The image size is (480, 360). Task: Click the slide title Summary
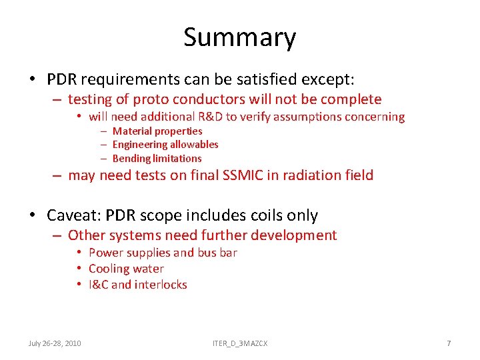click(x=239, y=37)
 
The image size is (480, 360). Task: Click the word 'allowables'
click(x=194, y=145)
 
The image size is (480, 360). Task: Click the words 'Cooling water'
click(x=126, y=269)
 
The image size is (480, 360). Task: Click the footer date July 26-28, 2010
click(x=55, y=343)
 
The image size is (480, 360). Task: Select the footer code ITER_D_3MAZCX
click(x=240, y=343)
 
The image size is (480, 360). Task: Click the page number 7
click(x=449, y=343)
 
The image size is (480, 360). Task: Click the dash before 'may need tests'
click(x=58, y=176)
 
